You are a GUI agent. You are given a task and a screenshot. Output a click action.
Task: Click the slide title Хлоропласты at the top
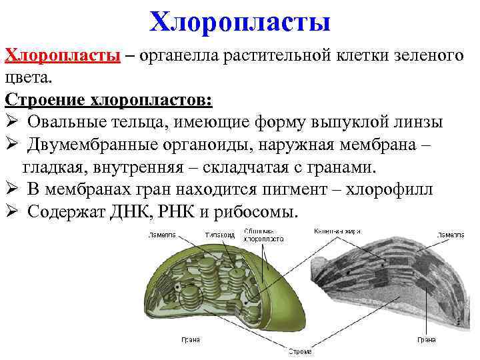240,21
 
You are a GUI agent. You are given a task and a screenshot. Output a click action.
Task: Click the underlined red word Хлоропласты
62,55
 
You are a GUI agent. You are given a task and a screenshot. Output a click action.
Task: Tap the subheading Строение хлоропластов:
109,99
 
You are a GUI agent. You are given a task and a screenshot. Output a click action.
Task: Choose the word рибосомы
260,212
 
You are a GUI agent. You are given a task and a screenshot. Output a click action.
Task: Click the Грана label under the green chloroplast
191,339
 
